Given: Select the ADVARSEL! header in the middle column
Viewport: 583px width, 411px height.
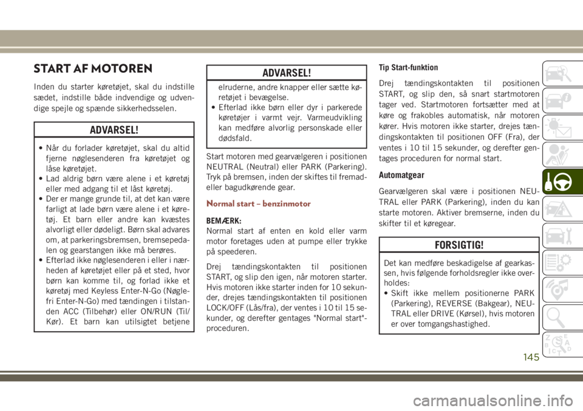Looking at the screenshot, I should pos(285,73).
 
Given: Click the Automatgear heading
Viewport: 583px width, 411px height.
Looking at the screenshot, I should pos(401,175).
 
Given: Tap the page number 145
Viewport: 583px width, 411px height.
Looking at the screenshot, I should pos(530,357).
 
